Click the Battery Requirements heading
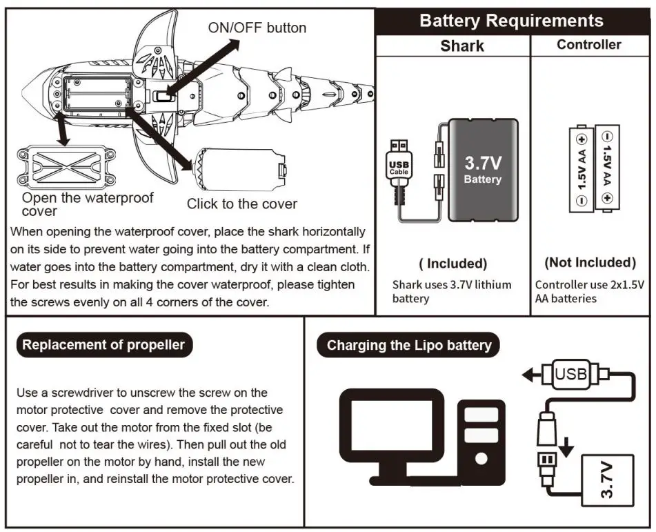pyautogui.click(x=511, y=21)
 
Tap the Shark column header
pyautogui.click(x=461, y=46)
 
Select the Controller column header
pyautogui.click(x=588, y=45)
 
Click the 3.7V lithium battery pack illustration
pyautogui.click(x=482, y=170)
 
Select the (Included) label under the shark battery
pyautogui.click(x=453, y=263)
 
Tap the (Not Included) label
pyautogui.click(x=590, y=262)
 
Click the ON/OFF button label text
pyautogui.click(x=257, y=28)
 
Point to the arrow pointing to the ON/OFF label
pyautogui.click(x=211, y=63)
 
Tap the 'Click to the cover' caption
pyautogui.click(x=241, y=204)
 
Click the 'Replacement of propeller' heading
pyautogui.click(x=103, y=344)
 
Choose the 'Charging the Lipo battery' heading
pyautogui.click(x=409, y=345)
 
